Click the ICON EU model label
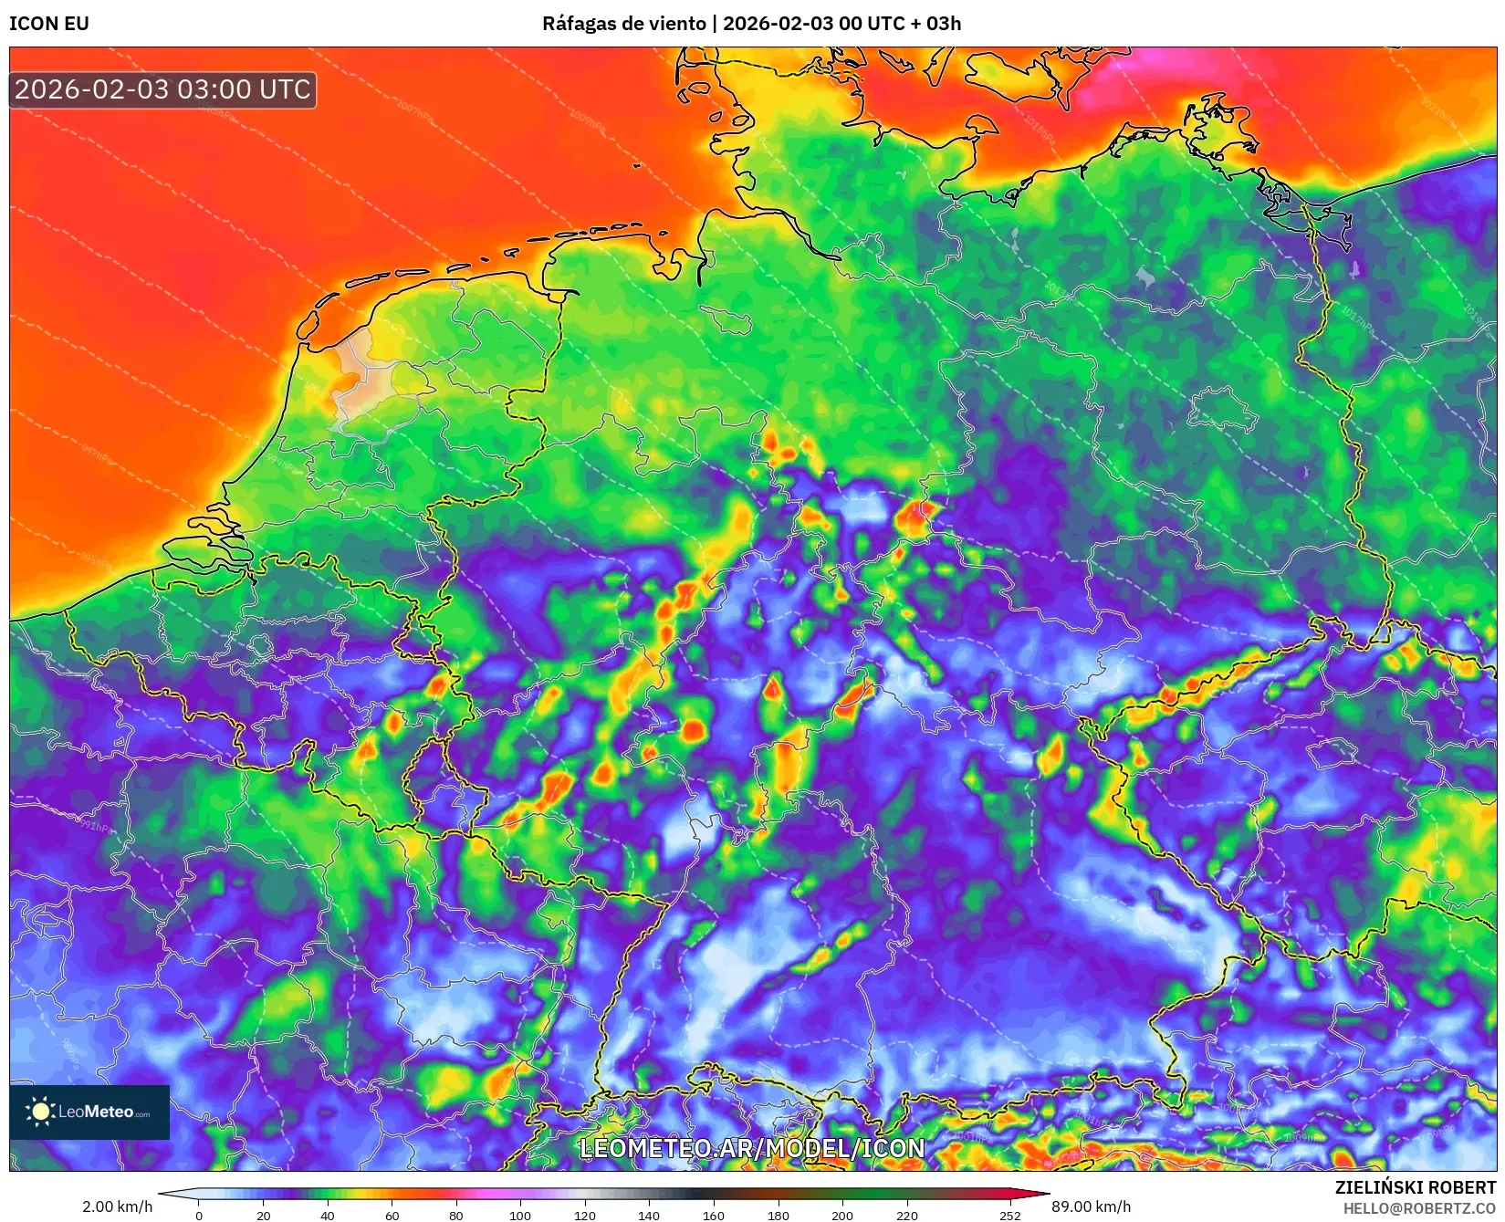(x=49, y=24)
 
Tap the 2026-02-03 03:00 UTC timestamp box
(x=162, y=89)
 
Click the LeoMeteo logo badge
(x=89, y=1112)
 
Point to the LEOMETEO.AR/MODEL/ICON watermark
(x=752, y=1148)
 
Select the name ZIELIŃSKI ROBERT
(x=1416, y=1187)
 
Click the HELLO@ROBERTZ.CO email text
(x=1419, y=1208)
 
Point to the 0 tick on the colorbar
(x=199, y=1215)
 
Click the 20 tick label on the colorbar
(x=263, y=1215)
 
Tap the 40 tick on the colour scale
(x=328, y=1215)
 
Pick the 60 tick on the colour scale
(x=392, y=1215)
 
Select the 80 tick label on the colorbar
(x=456, y=1215)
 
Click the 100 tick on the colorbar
(x=520, y=1215)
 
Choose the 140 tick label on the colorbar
(x=649, y=1215)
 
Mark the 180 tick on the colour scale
(x=778, y=1215)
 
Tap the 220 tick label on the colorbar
(x=906, y=1215)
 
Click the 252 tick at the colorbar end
(x=1009, y=1215)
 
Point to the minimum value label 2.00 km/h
(x=118, y=1206)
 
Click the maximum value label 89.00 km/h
(x=1091, y=1206)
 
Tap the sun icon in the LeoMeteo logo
(x=40, y=1112)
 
